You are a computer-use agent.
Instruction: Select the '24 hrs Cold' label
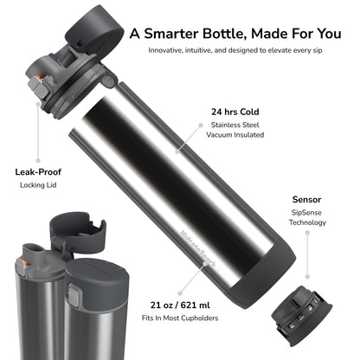(234, 112)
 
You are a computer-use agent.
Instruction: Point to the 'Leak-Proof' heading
(37, 170)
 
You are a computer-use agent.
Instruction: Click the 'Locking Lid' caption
(37, 186)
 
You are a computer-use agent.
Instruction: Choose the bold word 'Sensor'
(307, 198)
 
